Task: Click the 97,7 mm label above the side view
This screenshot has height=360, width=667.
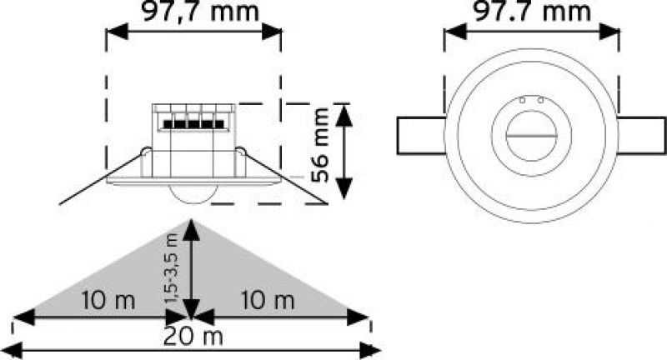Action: [200, 12]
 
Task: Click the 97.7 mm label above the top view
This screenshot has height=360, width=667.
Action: [533, 12]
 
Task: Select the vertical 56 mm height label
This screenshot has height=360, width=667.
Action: [320, 144]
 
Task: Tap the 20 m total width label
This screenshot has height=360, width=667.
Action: [193, 337]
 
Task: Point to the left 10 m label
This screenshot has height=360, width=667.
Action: [108, 300]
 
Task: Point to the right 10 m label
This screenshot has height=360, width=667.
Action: [268, 300]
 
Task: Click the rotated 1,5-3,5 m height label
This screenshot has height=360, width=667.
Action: [171, 268]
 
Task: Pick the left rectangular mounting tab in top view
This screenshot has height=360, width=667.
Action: [421, 135]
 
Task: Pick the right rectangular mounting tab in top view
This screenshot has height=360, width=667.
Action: [642, 135]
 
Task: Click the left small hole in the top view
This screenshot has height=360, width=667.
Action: [523, 100]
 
